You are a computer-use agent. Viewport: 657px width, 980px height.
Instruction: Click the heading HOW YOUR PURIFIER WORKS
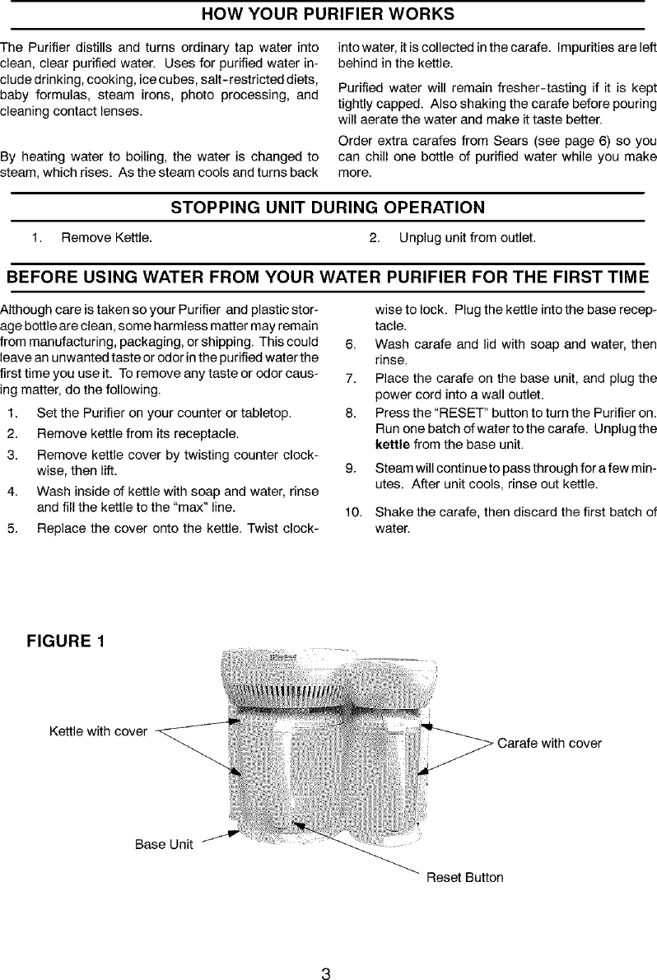pyautogui.click(x=328, y=15)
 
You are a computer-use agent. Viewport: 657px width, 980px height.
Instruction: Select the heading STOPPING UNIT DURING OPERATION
pyautogui.click(x=327, y=207)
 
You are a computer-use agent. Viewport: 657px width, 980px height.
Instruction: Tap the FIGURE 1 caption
pyautogui.click(x=68, y=640)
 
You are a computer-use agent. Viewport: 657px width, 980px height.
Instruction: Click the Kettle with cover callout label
pyautogui.click(x=98, y=731)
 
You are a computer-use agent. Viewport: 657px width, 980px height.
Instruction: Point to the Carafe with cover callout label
pyautogui.click(x=549, y=743)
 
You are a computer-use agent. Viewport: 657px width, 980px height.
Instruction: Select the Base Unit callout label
pyautogui.click(x=164, y=844)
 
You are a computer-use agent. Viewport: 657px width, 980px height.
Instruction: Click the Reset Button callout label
pyautogui.click(x=464, y=877)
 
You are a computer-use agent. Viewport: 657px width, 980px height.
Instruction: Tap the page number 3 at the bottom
pyautogui.click(x=326, y=953)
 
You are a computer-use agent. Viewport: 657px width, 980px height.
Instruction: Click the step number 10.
pyautogui.click(x=353, y=513)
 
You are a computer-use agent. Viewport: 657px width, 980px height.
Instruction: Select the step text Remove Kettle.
pyautogui.click(x=105, y=238)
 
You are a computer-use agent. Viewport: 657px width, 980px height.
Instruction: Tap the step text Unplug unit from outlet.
pyautogui.click(x=467, y=238)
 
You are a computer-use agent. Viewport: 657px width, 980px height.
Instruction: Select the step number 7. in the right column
pyautogui.click(x=352, y=380)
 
